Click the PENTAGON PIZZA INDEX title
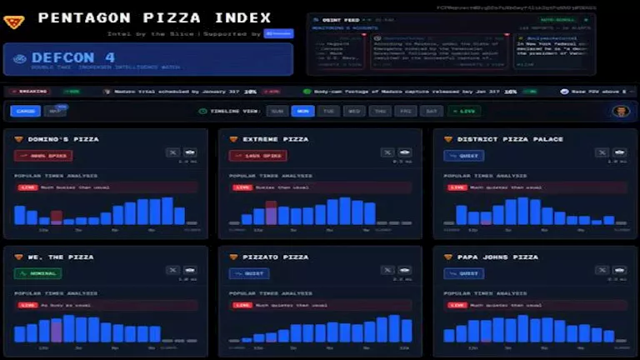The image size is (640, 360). [154, 17]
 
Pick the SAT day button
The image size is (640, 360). [432, 111]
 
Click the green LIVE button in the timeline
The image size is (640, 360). [464, 111]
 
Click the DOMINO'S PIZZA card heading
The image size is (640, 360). [62, 139]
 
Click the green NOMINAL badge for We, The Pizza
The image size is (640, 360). [38, 272]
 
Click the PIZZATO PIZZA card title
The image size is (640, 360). [275, 257]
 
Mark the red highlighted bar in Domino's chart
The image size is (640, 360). [57, 217]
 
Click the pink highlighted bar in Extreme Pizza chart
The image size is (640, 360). [271, 212]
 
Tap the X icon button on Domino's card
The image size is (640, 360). [172, 152]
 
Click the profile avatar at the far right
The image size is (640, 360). [620, 111]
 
